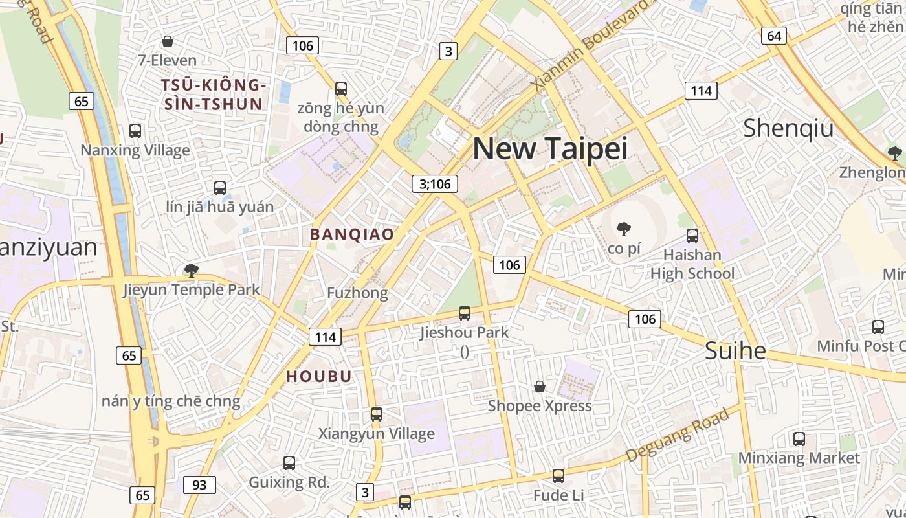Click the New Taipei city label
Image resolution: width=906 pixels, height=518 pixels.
pos(550,149)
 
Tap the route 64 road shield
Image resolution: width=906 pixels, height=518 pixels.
pos(774,36)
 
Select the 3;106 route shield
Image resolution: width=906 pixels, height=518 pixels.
pos(435,184)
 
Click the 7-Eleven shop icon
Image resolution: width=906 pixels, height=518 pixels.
pos(168,42)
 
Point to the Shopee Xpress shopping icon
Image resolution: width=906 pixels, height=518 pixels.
pos(539,387)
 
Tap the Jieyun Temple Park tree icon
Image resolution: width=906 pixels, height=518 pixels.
pos(191,270)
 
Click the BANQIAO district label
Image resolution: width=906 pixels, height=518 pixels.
pos(352,234)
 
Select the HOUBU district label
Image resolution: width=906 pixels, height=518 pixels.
pos(319,376)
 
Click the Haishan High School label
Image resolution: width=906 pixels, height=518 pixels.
pos(692,264)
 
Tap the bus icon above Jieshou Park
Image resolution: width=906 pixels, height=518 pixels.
pos(464,313)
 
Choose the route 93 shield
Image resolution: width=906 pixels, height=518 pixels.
pos(199,484)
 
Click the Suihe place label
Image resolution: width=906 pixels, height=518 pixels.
pos(735,351)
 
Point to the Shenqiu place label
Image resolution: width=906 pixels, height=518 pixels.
pos(788,128)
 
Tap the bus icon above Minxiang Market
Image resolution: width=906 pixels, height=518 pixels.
pos(799,439)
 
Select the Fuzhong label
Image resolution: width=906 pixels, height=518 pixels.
pos(357,293)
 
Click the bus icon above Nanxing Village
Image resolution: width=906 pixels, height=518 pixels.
pos(135,130)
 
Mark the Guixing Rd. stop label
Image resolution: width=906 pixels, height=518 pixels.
pos(289,482)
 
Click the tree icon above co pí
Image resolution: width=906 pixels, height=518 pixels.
pos(624,229)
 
